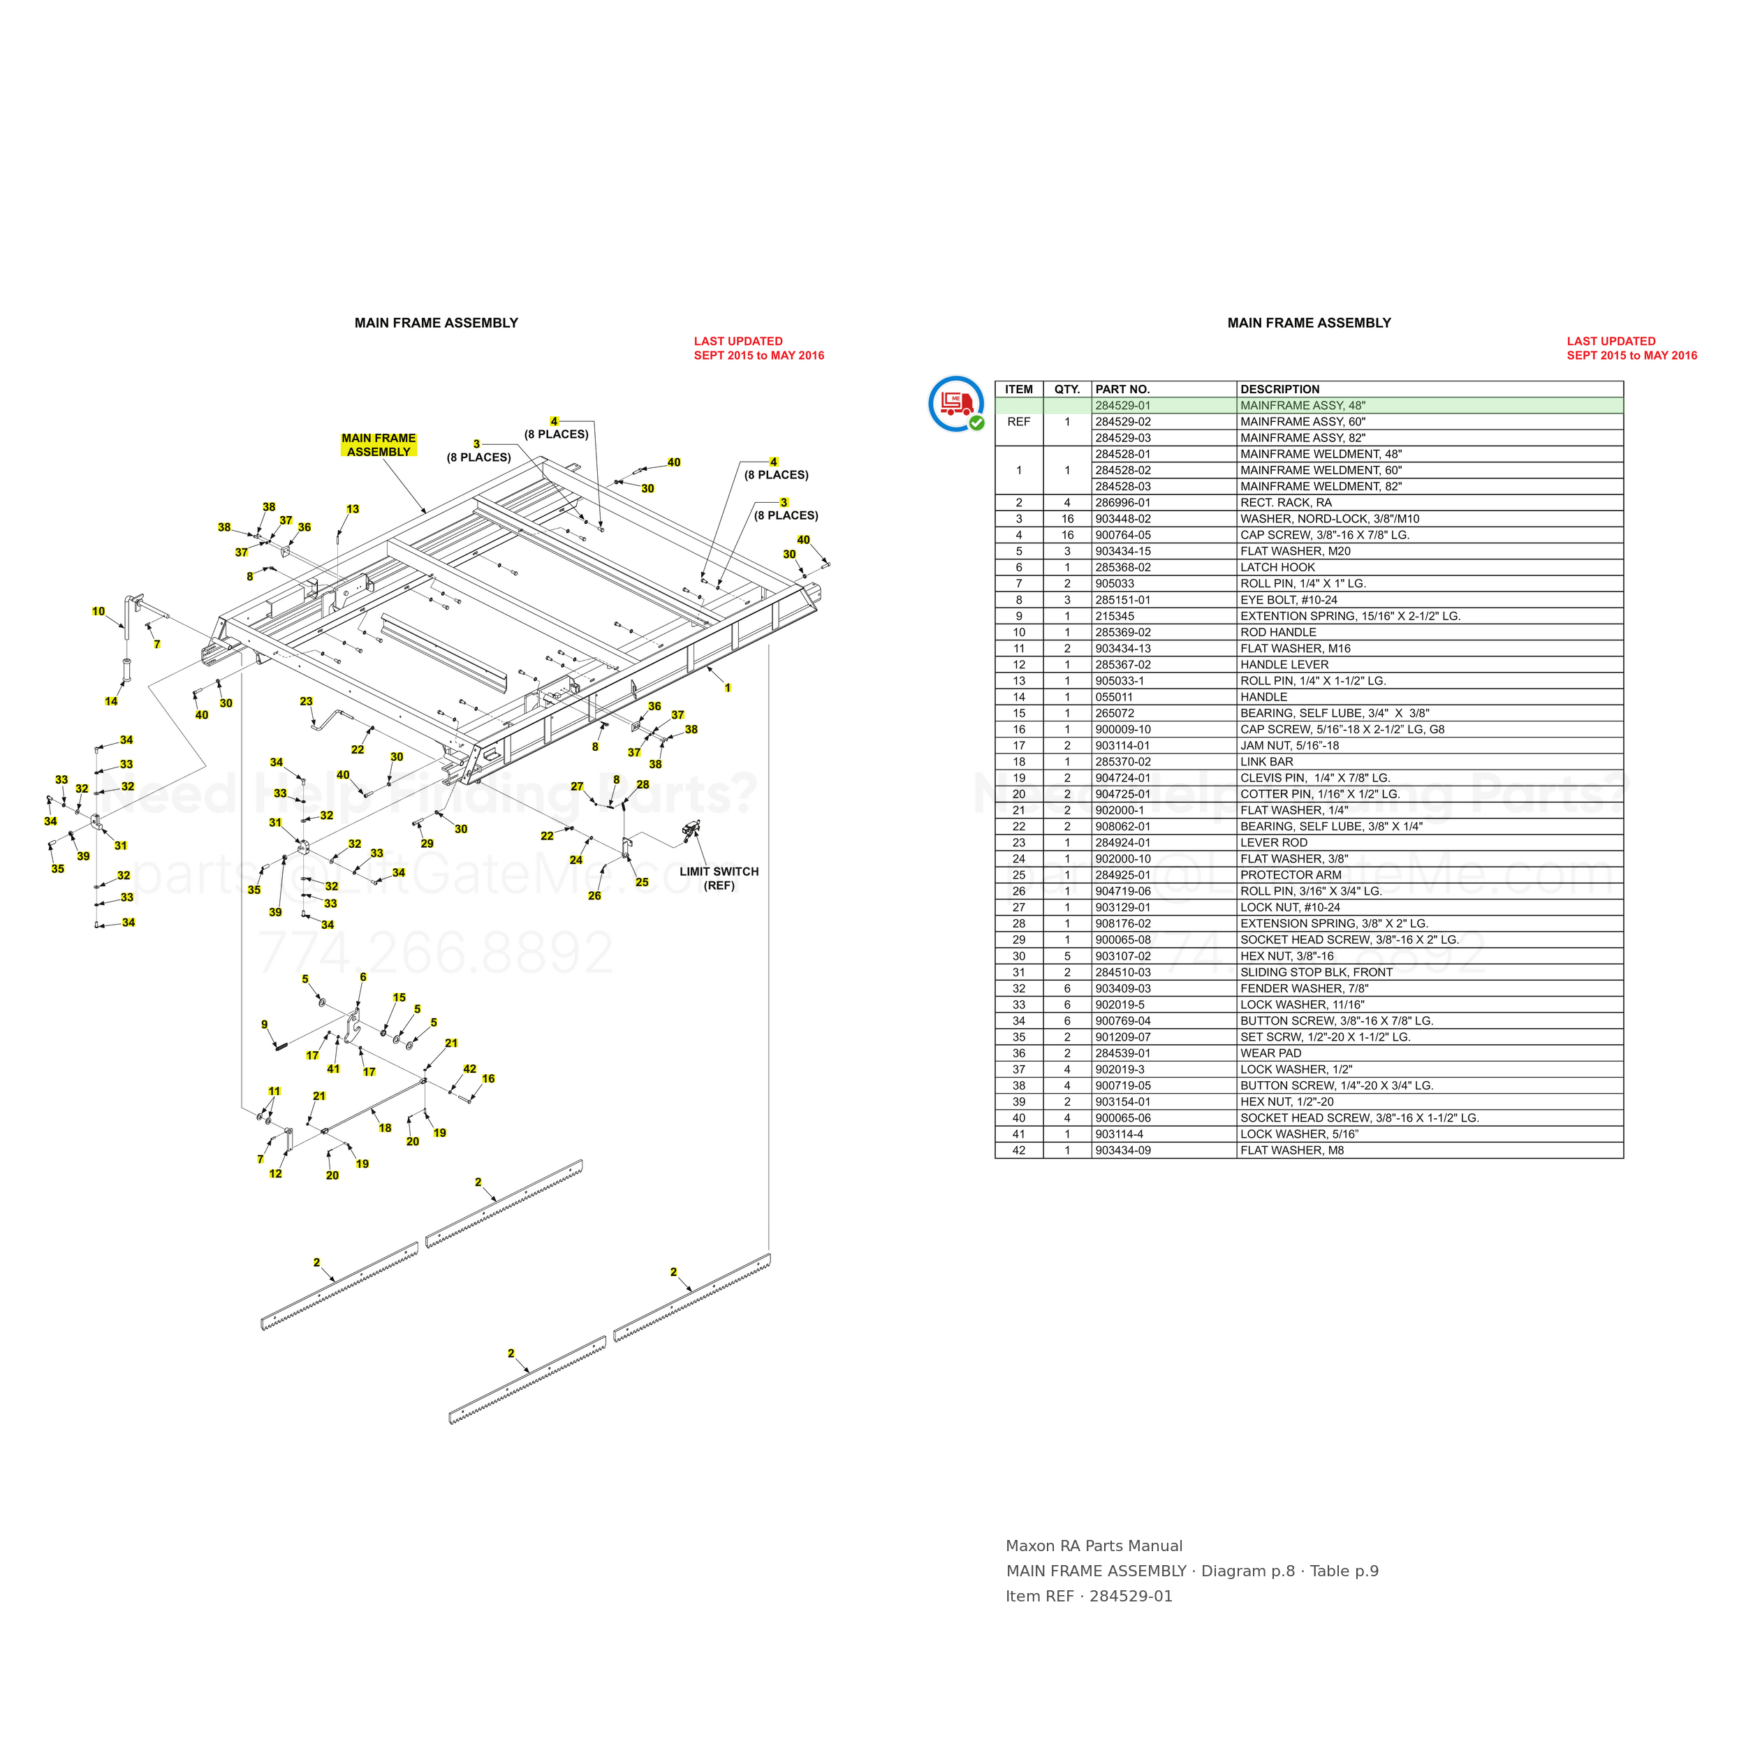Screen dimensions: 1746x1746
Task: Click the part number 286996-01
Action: (x=1122, y=502)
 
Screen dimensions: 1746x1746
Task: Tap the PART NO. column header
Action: (x=1122, y=390)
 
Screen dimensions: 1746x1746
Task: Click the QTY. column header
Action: (x=1067, y=390)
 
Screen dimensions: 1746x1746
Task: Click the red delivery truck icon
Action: (x=955, y=403)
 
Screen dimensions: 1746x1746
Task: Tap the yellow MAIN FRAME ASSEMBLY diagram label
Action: (x=379, y=445)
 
